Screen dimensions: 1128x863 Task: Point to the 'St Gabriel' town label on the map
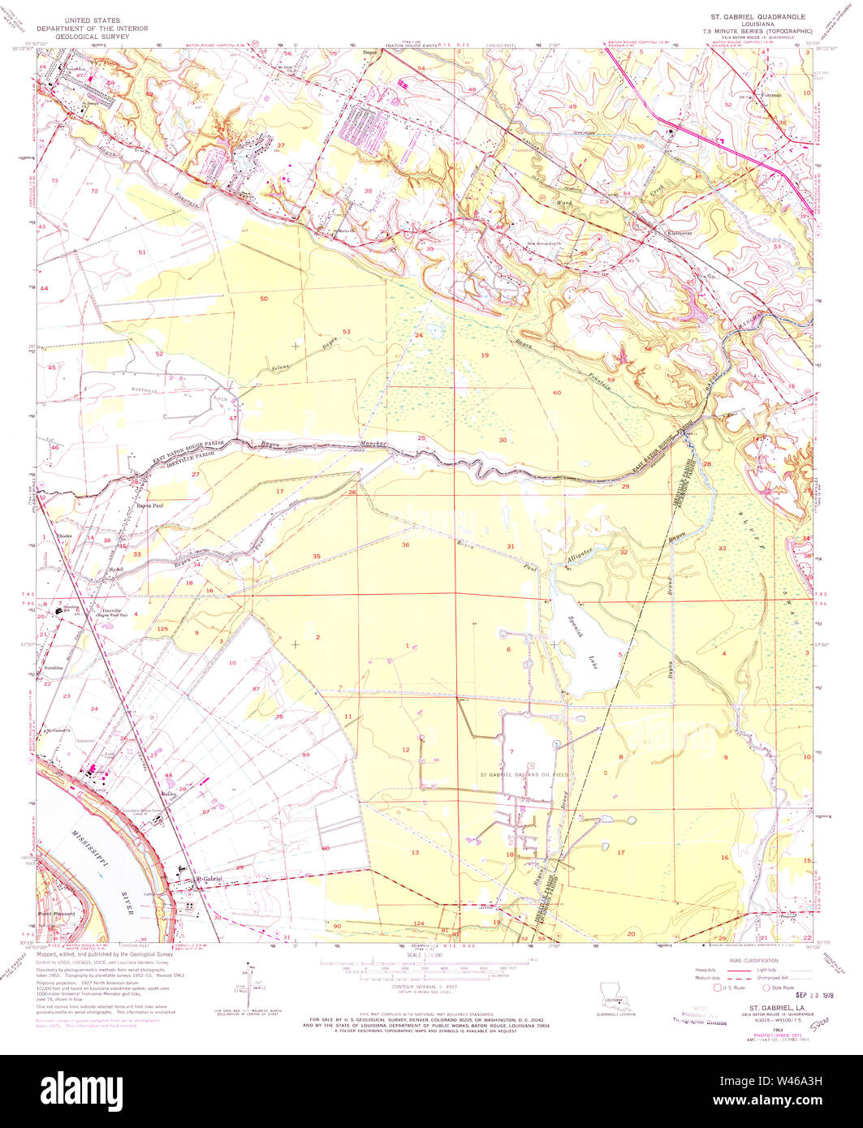209,880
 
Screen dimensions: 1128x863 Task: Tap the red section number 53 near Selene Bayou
346,332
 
